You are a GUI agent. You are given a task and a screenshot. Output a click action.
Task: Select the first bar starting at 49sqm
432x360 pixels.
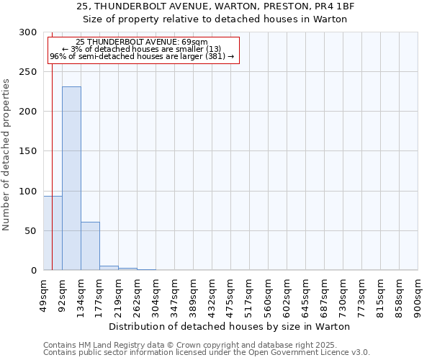tap(53, 233)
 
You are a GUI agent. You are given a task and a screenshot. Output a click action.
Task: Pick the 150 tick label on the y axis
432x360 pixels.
tap(28, 151)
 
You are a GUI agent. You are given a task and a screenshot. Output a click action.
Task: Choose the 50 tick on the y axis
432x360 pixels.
tap(31, 231)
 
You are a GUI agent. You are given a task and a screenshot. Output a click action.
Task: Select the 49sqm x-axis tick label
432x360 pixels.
tap(44, 292)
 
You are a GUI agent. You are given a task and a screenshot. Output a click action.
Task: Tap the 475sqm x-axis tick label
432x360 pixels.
tap(231, 294)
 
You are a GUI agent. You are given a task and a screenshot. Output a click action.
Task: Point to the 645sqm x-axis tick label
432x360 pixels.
tap(306, 294)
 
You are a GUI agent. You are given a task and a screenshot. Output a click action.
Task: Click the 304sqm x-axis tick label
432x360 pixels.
tap(156, 294)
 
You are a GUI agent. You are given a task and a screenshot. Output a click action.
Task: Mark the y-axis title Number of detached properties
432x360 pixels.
tap(6, 155)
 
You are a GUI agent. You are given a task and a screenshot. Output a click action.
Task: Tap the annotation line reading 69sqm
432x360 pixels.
tap(142, 42)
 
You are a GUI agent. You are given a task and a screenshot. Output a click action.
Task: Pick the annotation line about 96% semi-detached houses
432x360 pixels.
tap(142, 56)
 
